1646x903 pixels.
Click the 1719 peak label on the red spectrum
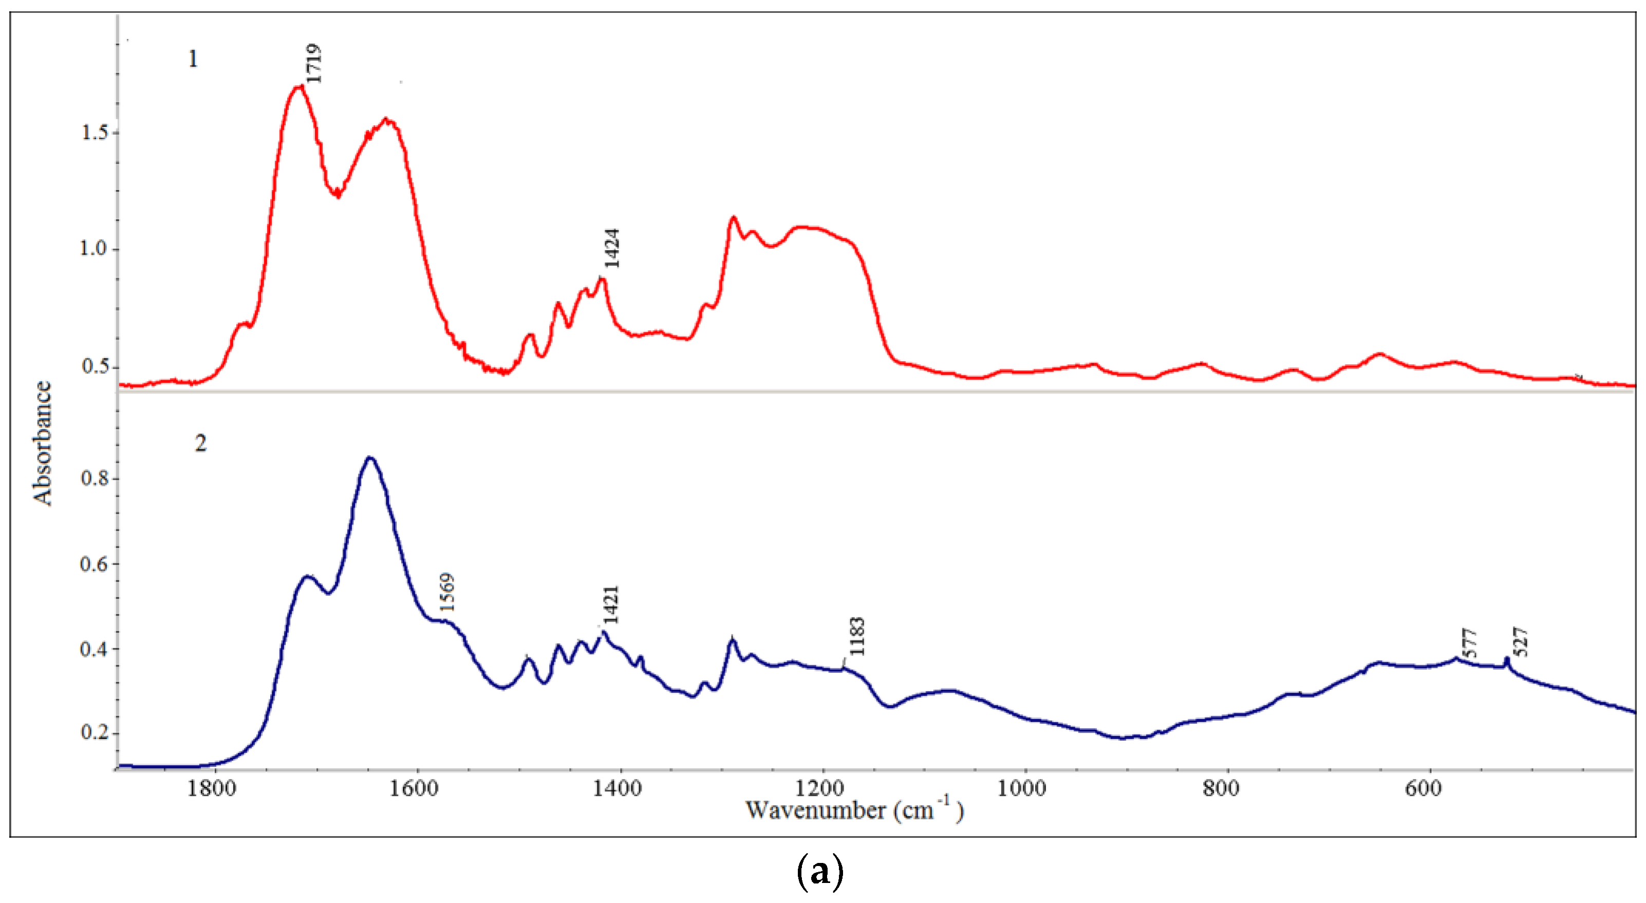(313, 63)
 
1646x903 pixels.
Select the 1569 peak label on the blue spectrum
(446, 592)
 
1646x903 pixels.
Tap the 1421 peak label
(611, 605)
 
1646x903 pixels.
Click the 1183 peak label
(857, 636)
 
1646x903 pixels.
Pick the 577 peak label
(1470, 644)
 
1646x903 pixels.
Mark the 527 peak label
(1521, 642)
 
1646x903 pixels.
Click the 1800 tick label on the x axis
(212, 788)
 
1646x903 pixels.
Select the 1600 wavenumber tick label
(414, 788)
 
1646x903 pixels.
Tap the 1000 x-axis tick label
(1022, 788)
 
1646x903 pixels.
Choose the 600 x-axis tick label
(1423, 788)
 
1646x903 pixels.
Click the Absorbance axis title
(42, 443)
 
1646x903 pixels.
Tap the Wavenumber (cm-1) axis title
(854, 811)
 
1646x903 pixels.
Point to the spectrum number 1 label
(192, 60)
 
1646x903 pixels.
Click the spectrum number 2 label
(201, 443)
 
